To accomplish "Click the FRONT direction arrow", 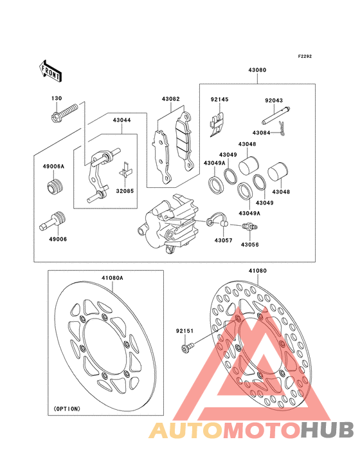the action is pyautogui.click(x=50, y=71).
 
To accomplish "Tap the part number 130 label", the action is pyautogui.click(x=57, y=98).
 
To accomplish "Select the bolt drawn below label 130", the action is pyautogui.click(x=64, y=113).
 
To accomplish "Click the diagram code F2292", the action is pyautogui.click(x=305, y=56).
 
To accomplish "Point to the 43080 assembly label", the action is pyautogui.click(x=257, y=70).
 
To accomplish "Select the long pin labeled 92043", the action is pyautogui.click(x=276, y=116).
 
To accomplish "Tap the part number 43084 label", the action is pyautogui.click(x=261, y=133).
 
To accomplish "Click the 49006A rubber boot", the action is pyautogui.click(x=54, y=187).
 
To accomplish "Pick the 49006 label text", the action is pyautogui.click(x=58, y=239).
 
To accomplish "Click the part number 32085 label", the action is pyautogui.click(x=125, y=191).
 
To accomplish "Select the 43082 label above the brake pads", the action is pyautogui.click(x=171, y=99).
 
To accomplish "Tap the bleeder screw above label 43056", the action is pyautogui.click(x=250, y=226).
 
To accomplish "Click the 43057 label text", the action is pyautogui.click(x=223, y=241).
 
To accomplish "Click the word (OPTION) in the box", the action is pyautogui.click(x=67, y=409).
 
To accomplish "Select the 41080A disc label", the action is pyautogui.click(x=113, y=278).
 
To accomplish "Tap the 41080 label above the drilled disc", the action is pyautogui.click(x=257, y=271).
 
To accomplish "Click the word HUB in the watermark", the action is pyautogui.click(x=328, y=430).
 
